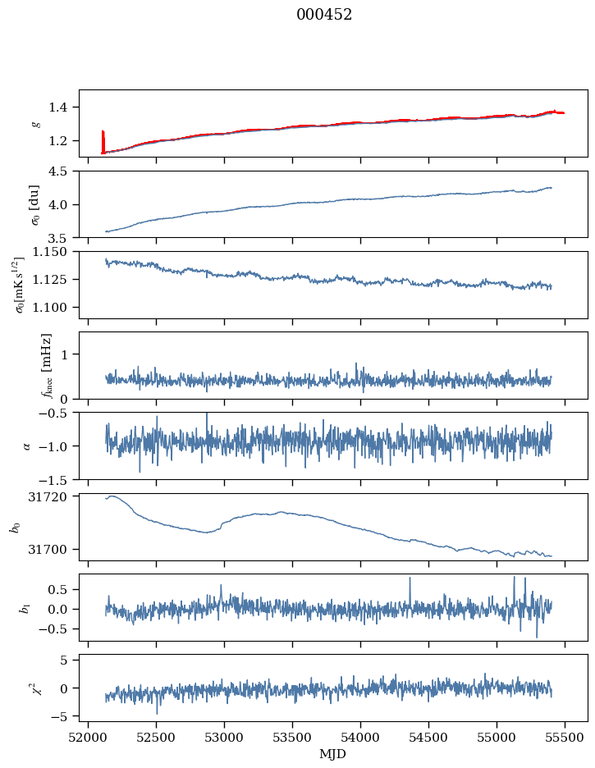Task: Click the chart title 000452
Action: [x=324, y=15]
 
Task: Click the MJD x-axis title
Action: [x=332, y=753]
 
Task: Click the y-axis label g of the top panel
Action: [x=35, y=124]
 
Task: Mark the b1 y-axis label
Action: [x=25, y=608]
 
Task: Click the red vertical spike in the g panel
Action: [x=103, y=141]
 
